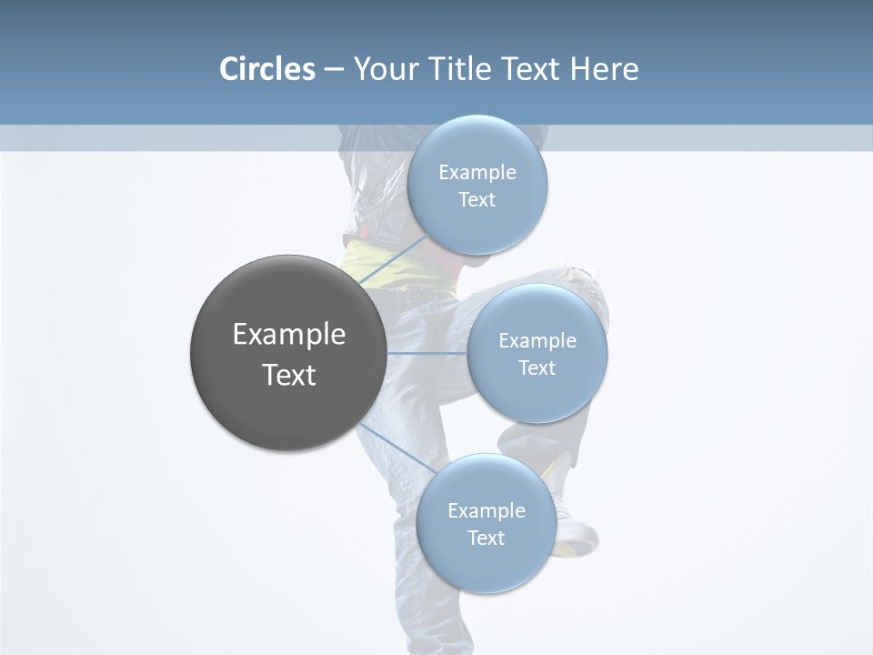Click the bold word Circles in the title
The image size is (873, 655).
(267, 69)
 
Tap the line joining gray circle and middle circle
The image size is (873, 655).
(427, 353)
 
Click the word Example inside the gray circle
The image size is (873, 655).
(289, 335)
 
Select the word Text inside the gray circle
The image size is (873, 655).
(289, 375)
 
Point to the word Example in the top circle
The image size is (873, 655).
(477, 173)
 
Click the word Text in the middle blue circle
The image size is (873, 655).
(537, 368)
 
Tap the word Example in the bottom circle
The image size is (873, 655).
(487, 510)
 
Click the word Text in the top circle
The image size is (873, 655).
(477, 200)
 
